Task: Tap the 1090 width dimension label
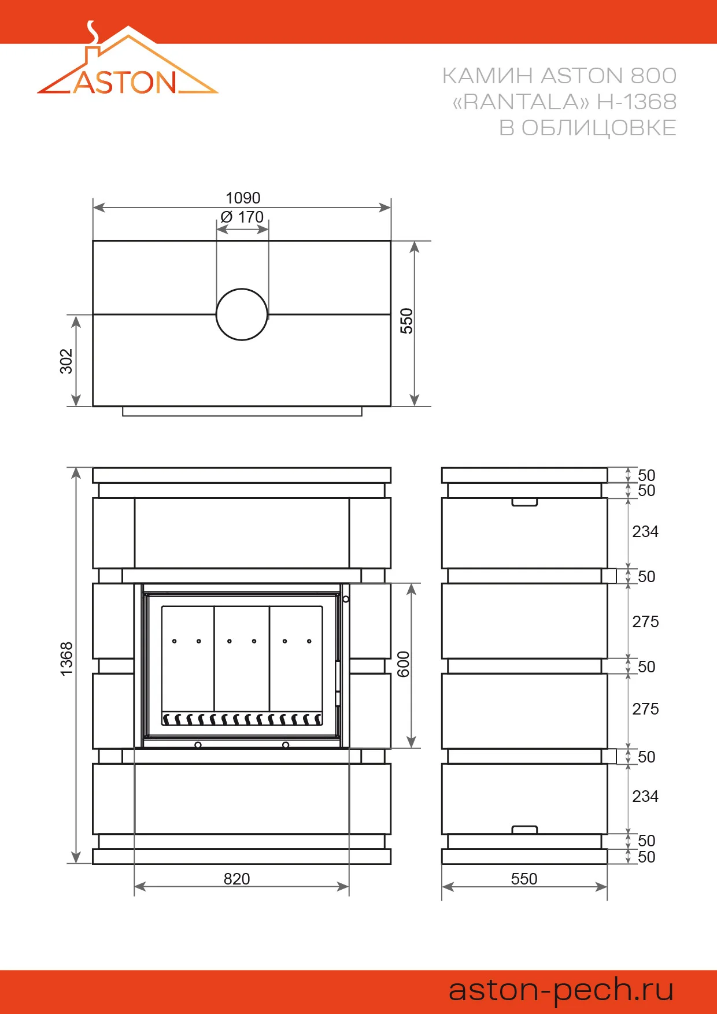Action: (243, 198)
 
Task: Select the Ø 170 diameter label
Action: (242, 217)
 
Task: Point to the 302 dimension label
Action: (66, 361)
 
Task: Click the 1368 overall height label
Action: (66, 658)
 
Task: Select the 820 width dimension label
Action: (237, 879)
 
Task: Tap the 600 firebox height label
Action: (404, 664)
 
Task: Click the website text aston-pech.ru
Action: (561, 990)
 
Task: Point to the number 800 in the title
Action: (653, 76)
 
